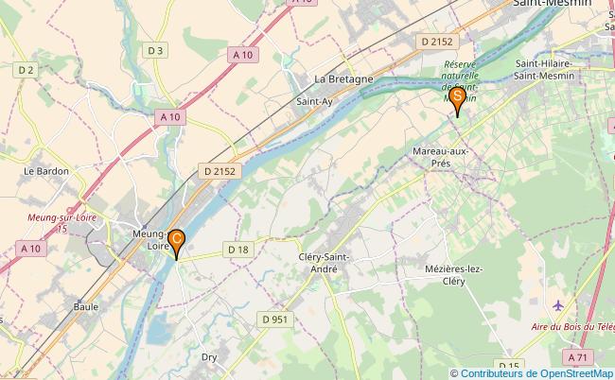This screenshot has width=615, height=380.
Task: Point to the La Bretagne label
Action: click(x=343, y=78)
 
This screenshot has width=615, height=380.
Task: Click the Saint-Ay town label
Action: click(x=312, y=100)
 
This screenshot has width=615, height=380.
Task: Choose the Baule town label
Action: click(x=86, y=306)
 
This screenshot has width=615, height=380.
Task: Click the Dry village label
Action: click(x=210, y=357)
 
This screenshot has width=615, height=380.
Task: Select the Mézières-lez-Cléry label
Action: click(x=454, y=275)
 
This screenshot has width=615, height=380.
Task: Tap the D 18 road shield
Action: click(x=237, y=249)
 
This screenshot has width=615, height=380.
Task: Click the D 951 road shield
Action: click(x=274, y=320)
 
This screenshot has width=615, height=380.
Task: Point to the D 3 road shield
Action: click(x=156, y=50)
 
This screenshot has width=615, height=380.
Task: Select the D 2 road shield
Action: click(x=26, y=70)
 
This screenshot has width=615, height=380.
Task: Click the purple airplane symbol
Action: click(x=558, y=305)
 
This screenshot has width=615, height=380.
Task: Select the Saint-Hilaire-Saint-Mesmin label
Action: click(x=548, y=70)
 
